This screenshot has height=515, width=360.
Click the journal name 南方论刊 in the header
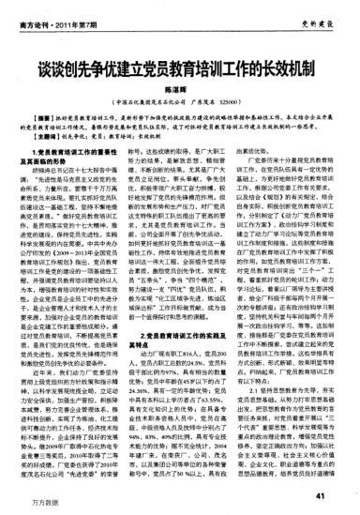tap(31, 10)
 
